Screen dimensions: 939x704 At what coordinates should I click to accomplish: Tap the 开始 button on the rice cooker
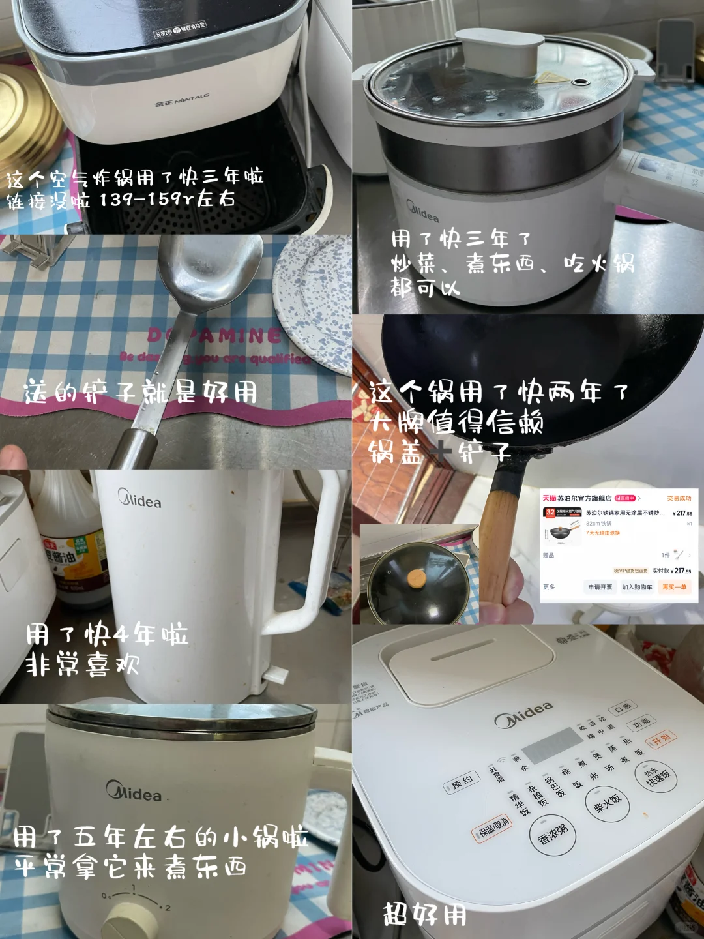pos(661,740)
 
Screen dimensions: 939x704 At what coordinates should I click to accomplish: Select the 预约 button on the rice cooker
pos(462,783)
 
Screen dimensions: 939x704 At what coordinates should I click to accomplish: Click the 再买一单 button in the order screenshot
pos(675,587)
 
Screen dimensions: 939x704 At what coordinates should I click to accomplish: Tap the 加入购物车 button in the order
pos(637,587)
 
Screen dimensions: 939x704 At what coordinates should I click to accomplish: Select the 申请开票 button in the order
pos(600,587)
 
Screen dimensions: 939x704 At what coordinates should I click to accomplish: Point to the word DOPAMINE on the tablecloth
pos(215,336)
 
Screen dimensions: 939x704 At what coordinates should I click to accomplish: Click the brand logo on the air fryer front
pos(183,100)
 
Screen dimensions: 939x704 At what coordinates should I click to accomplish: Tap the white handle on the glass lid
pos(499,51)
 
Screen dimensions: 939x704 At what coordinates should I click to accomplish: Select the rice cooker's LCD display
pos(551,745)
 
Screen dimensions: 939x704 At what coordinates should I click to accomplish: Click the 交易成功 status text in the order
pos(679,498)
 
